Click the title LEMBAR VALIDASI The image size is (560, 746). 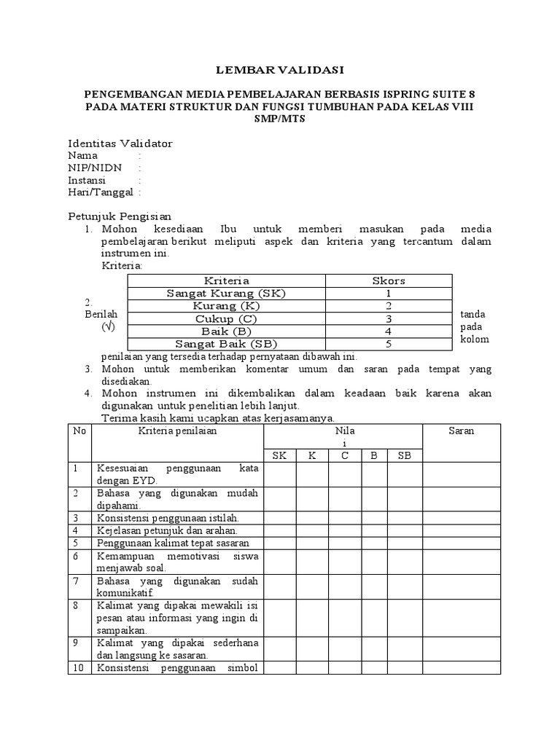280,70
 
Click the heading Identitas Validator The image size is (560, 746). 120,144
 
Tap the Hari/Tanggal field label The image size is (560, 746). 100,192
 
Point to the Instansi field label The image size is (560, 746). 87,180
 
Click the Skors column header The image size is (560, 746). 388,280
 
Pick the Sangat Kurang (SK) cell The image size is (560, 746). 226,293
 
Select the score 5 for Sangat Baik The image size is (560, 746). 388,344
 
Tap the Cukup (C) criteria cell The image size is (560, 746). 226,318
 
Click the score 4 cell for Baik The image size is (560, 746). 388,331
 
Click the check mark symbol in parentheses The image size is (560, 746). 108,327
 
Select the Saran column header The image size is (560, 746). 461,431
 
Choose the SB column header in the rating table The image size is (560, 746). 405,455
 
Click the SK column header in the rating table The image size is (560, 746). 279,455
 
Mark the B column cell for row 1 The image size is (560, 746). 373,474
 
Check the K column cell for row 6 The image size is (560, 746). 312,561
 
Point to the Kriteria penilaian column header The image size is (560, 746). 177,431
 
